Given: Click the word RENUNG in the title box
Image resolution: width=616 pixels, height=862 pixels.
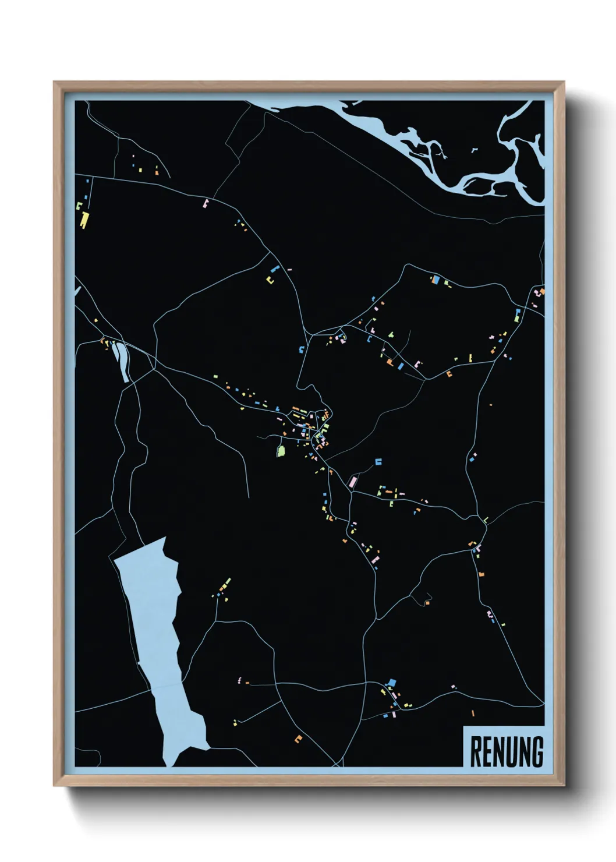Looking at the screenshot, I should pos(506,751).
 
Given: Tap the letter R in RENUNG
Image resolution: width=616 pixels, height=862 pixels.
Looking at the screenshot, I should pos(475,751).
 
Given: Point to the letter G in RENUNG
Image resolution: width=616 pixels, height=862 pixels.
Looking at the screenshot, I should pos(537,751).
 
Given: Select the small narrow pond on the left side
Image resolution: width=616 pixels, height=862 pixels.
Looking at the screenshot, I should pos(123,361).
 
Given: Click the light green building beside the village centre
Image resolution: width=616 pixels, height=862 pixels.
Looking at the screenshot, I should pos(281,451).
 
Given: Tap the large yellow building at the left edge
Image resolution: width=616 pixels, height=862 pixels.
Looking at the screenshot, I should pos(85,220).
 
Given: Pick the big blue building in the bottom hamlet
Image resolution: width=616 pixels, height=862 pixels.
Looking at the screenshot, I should pos(392,682).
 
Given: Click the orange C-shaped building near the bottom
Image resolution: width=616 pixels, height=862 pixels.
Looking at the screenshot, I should pos(299,739).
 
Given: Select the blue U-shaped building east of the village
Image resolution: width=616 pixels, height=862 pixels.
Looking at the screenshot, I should pos(378,462).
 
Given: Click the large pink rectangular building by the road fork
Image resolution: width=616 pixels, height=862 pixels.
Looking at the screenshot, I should pos(352,482).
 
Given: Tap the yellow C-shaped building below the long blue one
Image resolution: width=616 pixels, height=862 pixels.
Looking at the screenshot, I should pos(270,280).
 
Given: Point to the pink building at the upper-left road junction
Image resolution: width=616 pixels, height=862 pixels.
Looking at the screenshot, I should pos(205,203).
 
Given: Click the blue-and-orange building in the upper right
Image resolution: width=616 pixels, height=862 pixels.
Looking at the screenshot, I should pos(434,279).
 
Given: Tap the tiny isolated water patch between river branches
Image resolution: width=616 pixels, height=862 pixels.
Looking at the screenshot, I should pos(473,150).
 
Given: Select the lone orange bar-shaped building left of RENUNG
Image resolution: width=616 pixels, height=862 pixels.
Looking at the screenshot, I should pos(473,713).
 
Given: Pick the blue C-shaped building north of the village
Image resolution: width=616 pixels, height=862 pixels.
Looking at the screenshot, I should pos(301,349).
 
